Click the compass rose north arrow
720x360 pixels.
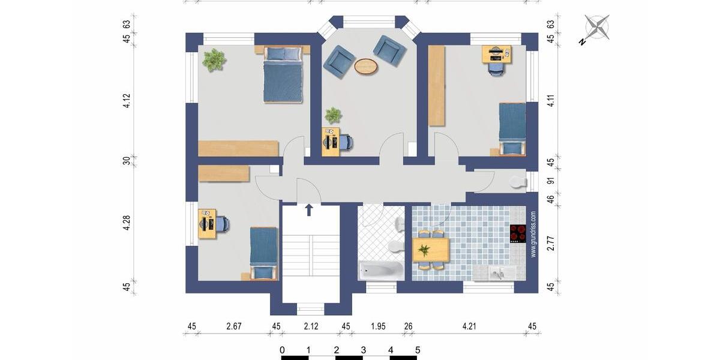coord(596,28)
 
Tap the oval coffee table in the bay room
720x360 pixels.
coord(366,66)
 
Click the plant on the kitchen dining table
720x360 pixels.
coord(425,250)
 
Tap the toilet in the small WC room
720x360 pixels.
coord(515,182)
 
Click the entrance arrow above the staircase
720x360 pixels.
coord(309,209)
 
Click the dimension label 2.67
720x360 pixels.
coord(234,327)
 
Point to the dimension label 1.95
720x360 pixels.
coord(378,327)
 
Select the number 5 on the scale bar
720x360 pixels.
coord(418,350)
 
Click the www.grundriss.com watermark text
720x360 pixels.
coord(532,234)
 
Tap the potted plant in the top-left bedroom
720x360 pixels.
coord(214,60)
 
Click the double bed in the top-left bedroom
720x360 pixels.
coord(283,76)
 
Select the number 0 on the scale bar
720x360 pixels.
coord(282,350)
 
